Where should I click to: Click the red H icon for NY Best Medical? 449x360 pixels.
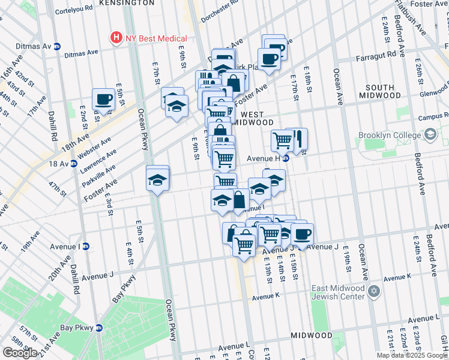[x=116, y=38]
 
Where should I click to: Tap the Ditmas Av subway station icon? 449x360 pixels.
[x=58, y=46]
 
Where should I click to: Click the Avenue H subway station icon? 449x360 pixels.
[x=286, y=158]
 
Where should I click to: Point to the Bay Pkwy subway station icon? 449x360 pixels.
[x=99, y=328]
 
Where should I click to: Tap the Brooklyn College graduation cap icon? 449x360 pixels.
[x=430, y=135]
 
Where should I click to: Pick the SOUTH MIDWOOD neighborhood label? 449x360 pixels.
[x=381, y=91]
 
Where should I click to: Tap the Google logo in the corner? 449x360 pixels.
[x=20, y=353]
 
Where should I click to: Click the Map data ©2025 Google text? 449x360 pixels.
[x=412, y=355]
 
